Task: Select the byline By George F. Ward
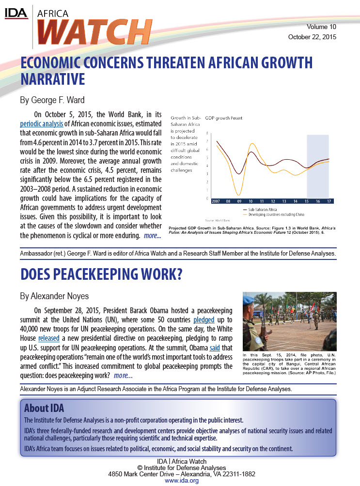coord(52,101)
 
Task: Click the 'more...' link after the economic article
coord(152,236)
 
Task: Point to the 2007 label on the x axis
coord(216,200)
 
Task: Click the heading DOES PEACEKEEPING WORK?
coord(101,274)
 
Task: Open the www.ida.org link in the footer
coord(182,481)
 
